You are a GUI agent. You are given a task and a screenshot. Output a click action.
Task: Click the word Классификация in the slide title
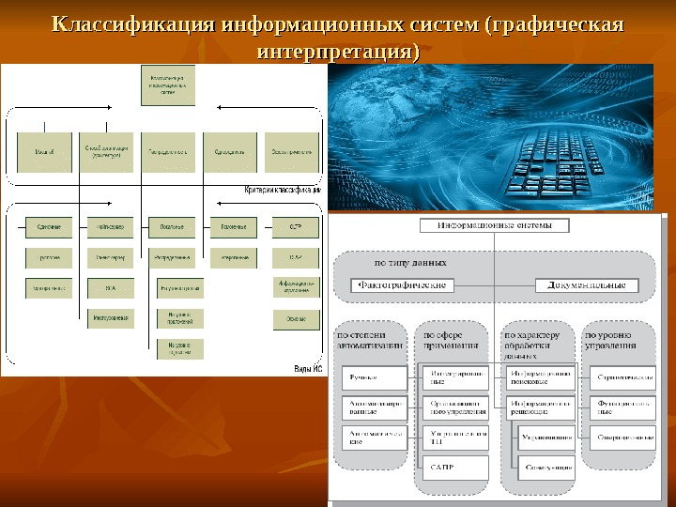(131, 23)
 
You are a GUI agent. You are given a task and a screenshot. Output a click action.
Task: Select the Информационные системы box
(492, 225)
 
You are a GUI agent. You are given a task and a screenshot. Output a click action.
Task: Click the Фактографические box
(399, 284)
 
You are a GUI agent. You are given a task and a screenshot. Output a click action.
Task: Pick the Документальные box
(586, 284)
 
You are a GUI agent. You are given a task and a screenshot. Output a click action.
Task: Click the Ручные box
(374, 378)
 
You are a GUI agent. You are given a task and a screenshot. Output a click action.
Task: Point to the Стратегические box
(622, 378)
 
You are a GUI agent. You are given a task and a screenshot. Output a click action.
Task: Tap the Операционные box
(622, 437)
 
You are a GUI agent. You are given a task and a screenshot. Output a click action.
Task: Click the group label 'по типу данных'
(410, 263)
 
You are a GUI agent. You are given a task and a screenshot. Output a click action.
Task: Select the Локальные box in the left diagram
(172, 227)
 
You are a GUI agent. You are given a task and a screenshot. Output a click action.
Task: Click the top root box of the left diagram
(168, 85)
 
